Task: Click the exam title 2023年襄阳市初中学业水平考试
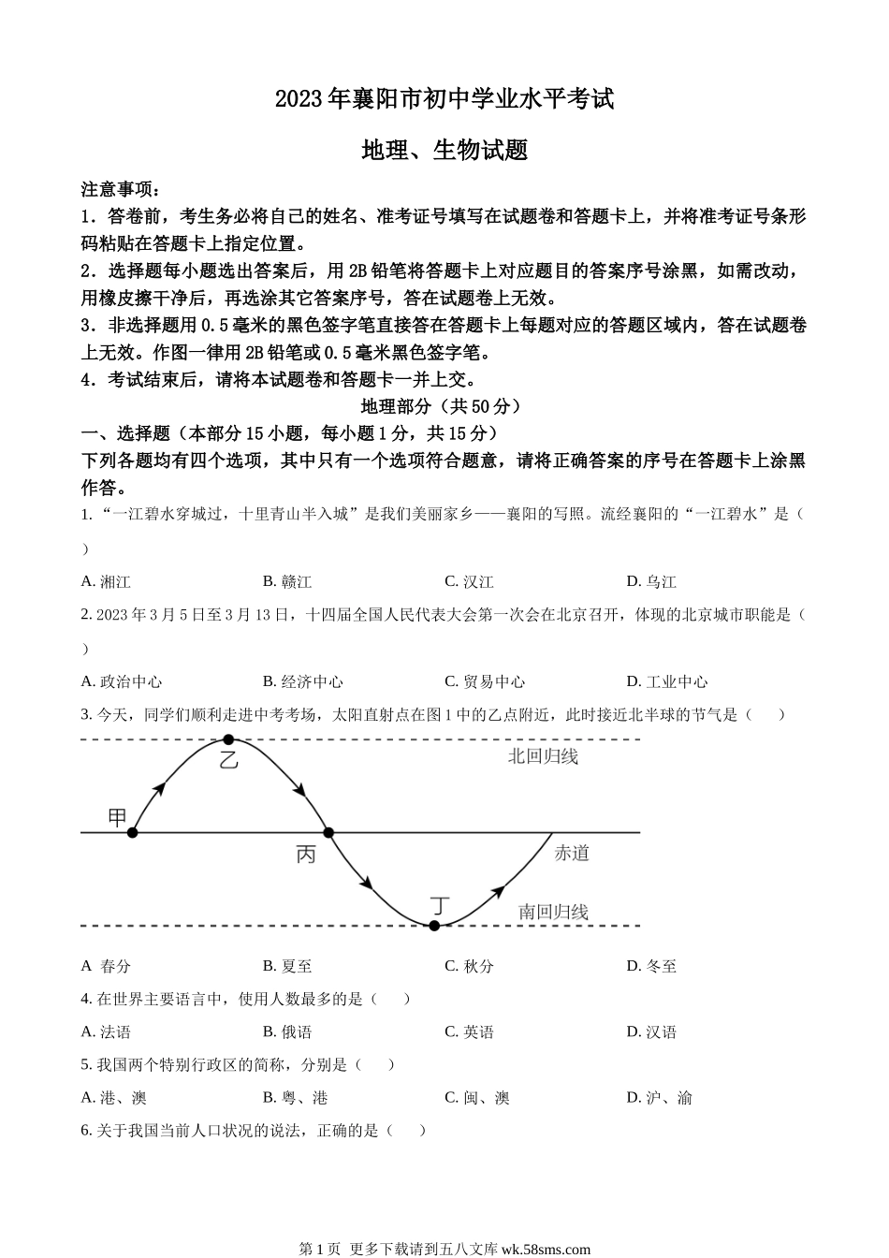click(x=444, y=98)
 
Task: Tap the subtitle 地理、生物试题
click(x=444, y=150)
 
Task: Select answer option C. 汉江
click(x=469, y=581)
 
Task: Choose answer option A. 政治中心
click(x=122, y=681)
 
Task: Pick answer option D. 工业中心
click(x=666, y=681)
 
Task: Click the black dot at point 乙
click(x=228, y=739)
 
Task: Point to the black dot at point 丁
click(x=434, y=926)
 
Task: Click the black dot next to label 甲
click(x=133, y=831)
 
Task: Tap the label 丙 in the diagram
click(x=306, y=854)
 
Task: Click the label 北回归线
click(x=543, y=756)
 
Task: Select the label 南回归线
click(x=553, y=911)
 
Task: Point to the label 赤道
click(x=572, y=853)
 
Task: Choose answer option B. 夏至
click(x=287, y=966)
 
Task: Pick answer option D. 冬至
click(x=651, y=966)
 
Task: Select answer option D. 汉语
click(x=651, y=1031)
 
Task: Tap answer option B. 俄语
click(x=287, y=1031)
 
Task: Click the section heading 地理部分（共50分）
click(x=440, y=406)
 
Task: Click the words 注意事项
click(x=116, y=189)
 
